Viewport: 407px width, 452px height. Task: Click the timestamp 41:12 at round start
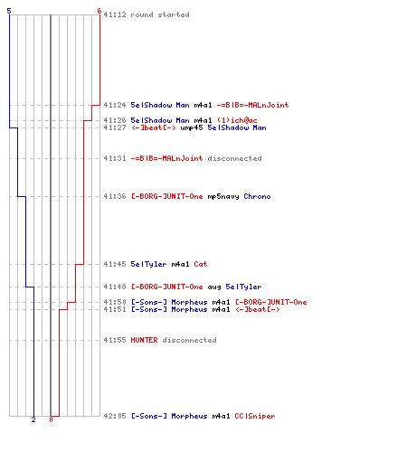(x=115, y=14)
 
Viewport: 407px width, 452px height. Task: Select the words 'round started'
(x=160, y=14)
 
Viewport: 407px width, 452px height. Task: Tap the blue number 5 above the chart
(x=9, y=11)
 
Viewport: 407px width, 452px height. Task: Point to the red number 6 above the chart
(x=99, y=11)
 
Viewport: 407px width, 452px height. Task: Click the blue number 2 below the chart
(x=33, y=419)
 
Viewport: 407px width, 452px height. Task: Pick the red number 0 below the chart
(x=51, y=419)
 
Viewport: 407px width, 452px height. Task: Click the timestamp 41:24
(x=115, y=105)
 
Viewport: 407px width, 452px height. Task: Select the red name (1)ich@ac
(x=237, y=120)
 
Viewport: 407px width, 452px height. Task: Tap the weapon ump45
(x=192, y=127)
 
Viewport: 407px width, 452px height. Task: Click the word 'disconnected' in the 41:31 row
(x=234, y=158)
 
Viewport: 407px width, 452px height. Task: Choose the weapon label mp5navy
(x=223, y=196)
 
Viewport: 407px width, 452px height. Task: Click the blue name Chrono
(x=257, y=196)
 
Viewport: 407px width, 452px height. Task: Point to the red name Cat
(x=201, y=264)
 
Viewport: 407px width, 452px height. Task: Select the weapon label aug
(x=214, y=287)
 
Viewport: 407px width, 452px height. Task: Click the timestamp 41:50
(x=115, y=302)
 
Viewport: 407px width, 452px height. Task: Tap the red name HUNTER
(x=144, y=340)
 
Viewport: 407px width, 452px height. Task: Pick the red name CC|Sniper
(x=255, y=416)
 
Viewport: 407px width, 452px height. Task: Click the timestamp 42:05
(x=115, y=416)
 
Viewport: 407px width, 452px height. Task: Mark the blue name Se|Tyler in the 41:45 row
(x=148, y=264)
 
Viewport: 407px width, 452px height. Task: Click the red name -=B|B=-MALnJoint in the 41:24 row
(x=252, y=105)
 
